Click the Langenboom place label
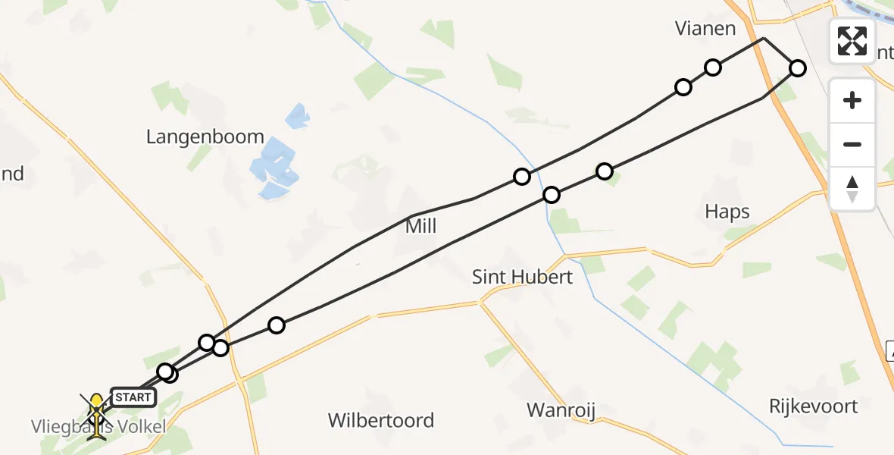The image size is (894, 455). (x=205, y=137)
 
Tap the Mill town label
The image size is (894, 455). (x=421, y=226)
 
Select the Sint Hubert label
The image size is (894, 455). (x=522, y=277)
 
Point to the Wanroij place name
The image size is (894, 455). (x=561, y=411)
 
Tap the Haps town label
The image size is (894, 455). (x=727, y=212)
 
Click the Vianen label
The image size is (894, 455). (x=705, y=29)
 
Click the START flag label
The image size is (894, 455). (x=133, y=397)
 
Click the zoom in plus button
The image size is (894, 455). (x=852, y=101)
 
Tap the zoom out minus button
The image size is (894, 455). (x=852, y=144)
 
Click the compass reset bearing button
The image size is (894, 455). (x=852, y=187)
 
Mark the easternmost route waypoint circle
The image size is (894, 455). (x=798, y=68)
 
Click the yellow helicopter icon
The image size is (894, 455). (x=97, y=403)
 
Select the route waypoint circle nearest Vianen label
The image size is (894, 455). (x=713, y=67)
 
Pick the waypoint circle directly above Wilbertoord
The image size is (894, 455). (x=277, y=325)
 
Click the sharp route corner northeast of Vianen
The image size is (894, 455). (x=764, y=38)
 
